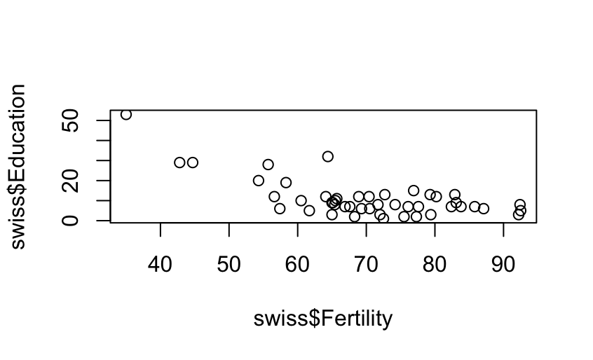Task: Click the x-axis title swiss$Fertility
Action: point(323,319)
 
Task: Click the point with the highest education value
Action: point(126,114)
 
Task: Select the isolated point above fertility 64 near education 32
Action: point(327,156)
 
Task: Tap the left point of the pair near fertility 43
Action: point(179,162)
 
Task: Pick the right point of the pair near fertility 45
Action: point(193,162)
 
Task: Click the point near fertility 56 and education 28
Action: point(268,165)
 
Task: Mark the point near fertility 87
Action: point(484,209)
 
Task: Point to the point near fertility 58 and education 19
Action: point(286,183)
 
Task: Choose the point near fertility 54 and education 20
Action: point(259,181)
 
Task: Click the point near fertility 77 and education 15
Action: point(414,191)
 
